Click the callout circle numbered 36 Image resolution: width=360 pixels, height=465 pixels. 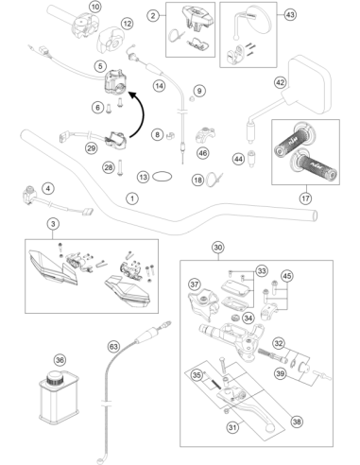(60, 360)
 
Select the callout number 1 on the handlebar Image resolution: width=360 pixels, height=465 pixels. (132, 198)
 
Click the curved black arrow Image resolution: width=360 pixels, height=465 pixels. (139, 113)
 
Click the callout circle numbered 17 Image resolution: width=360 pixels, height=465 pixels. (305, 198)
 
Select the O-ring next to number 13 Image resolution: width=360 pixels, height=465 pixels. (163, 177)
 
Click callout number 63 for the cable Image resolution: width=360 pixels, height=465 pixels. (113, 347)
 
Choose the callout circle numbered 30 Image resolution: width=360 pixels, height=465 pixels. (218, 248)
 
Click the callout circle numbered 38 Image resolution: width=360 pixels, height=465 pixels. (297, 422)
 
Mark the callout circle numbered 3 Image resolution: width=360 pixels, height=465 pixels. (53, 224)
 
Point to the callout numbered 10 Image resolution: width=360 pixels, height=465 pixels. (94, 7)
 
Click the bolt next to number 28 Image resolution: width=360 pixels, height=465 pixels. (120, 168)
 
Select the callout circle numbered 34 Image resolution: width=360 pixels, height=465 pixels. (249, 319)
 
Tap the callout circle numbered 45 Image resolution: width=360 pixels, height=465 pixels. (286, 276)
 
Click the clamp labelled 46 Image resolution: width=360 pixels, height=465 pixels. (205, 134)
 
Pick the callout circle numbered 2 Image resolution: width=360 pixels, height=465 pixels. (153, 15)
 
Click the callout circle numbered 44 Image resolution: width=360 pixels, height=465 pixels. (238, 159)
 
